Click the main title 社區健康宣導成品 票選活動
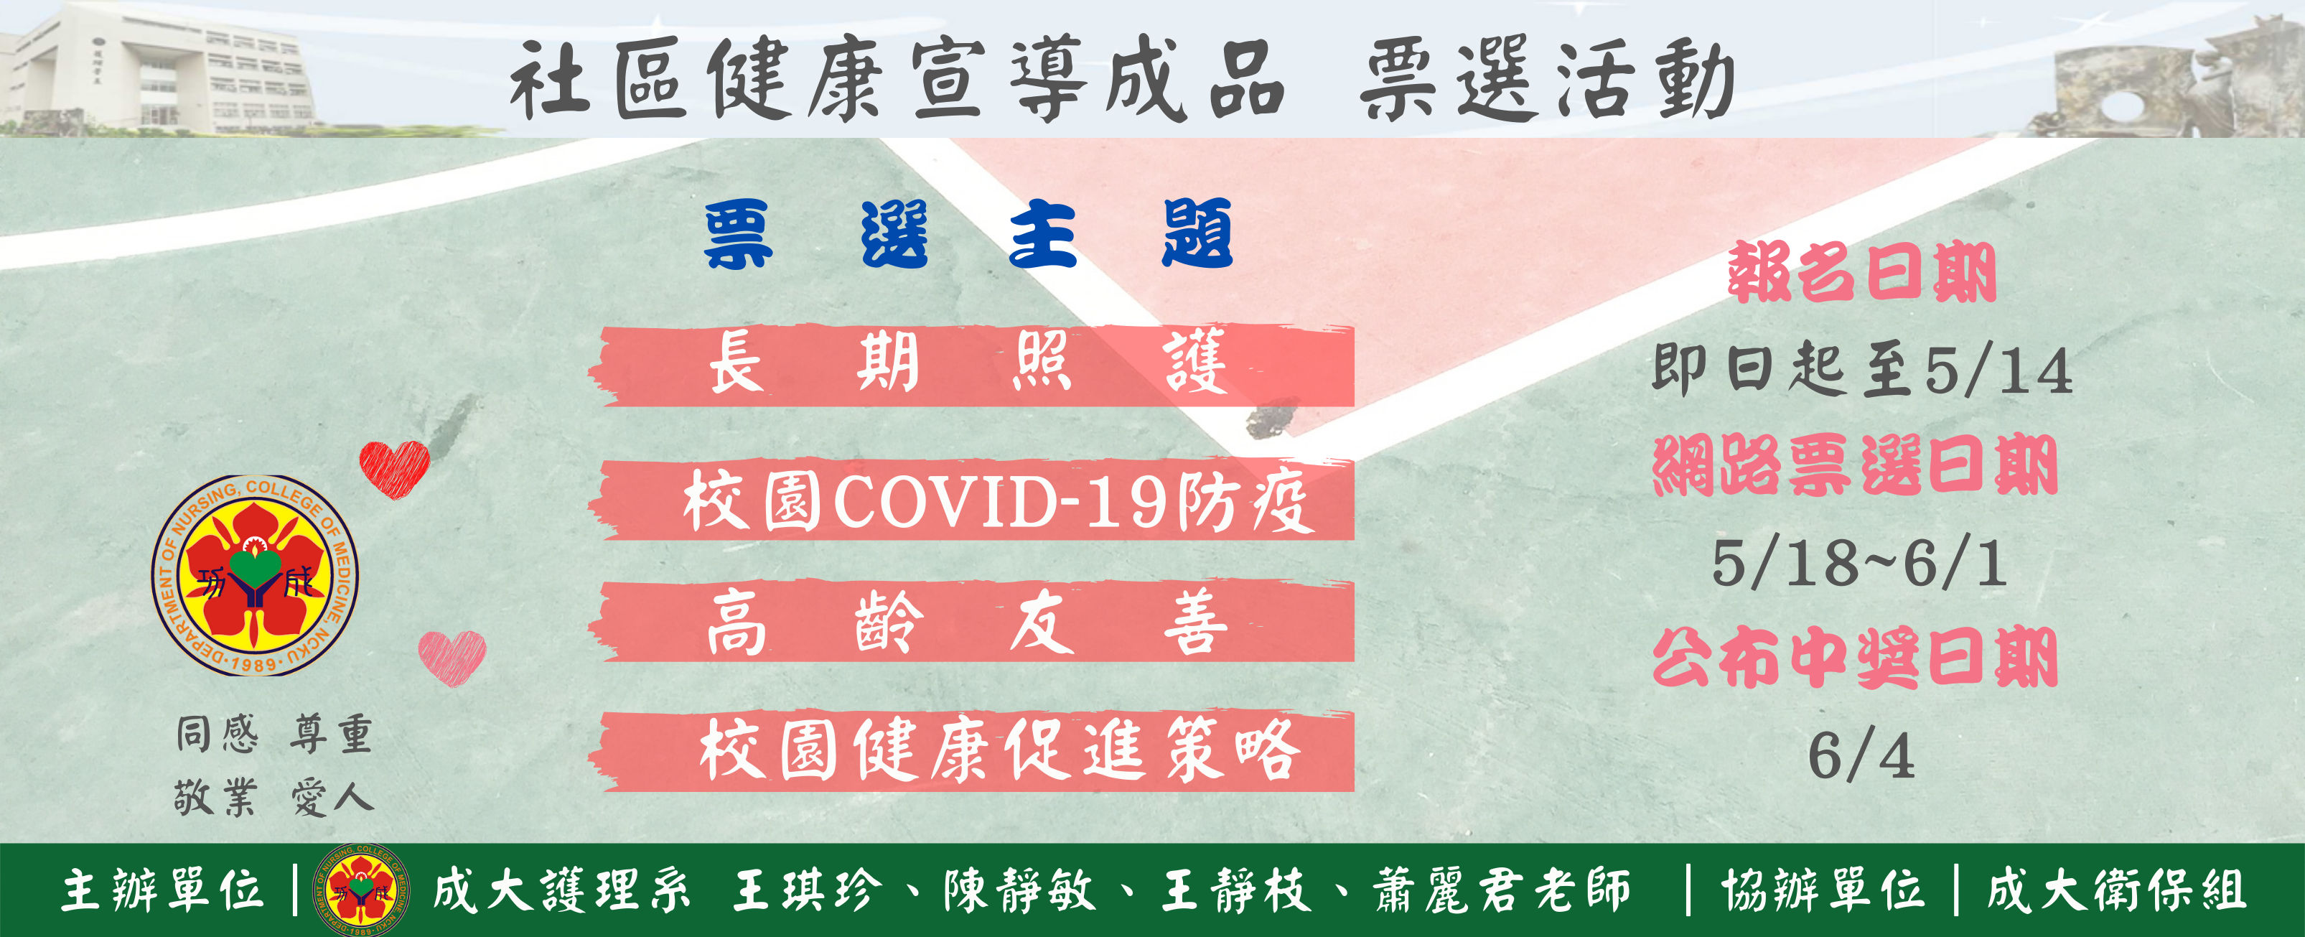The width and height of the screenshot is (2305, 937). pos(1122,79)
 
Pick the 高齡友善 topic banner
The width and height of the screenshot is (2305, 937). pos(971,621)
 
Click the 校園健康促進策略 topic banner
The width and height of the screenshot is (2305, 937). pos(971,750)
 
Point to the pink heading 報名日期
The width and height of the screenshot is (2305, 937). pos(1861,272)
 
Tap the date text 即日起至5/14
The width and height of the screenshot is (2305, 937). pos(1861,369)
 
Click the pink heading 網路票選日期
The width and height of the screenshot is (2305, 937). pos(1855,465)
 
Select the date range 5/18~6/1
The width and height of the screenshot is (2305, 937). pos(1859,563)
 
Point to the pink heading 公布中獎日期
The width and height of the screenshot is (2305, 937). pos(1855,657)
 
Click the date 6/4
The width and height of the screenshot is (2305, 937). pos(1861,756)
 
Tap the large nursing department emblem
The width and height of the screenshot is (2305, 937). pos(255,574)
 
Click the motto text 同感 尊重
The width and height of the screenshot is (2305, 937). pos(273,735)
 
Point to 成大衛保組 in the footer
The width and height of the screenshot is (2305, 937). pos(2116,890)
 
